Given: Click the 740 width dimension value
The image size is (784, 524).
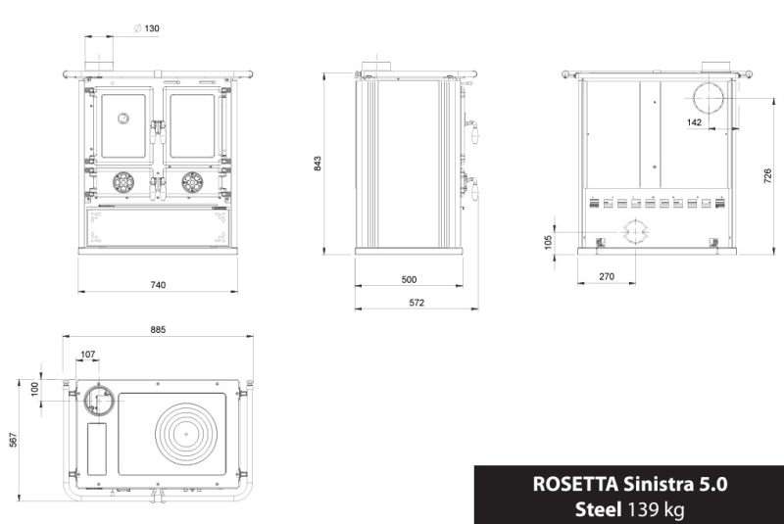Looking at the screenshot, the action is [158, 285].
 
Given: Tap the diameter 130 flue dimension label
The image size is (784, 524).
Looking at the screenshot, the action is [147, 28].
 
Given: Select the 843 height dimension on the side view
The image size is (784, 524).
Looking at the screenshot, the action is [318, 164].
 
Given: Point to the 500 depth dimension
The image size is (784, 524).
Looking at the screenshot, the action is [409, 279].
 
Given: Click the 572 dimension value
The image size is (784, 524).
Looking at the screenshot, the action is [416, 303].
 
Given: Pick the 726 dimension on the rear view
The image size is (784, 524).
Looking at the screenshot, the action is [768, 176].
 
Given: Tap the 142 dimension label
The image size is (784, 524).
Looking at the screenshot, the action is [694, 121].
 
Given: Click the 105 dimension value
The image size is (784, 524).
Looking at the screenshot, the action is [548, 242].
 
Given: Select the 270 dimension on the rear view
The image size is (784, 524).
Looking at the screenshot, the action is [606, 276].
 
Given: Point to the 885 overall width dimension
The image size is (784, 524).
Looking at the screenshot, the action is [158, 330].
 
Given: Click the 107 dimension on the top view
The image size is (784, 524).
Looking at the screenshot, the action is [88, 355].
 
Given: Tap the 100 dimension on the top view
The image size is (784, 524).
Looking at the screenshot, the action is [34, 389].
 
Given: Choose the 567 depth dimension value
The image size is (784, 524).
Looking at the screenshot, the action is [14, 440].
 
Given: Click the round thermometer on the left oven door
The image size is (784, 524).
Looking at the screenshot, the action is [123, 119].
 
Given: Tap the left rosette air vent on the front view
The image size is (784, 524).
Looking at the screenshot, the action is [123, 182].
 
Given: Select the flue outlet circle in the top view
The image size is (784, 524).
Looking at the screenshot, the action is [99, 401].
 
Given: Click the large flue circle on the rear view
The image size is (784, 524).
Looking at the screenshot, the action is [709, 99].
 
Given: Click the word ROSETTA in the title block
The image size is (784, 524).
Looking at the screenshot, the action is [575, 484].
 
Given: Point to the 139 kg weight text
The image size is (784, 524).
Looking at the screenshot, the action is [656, 510].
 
